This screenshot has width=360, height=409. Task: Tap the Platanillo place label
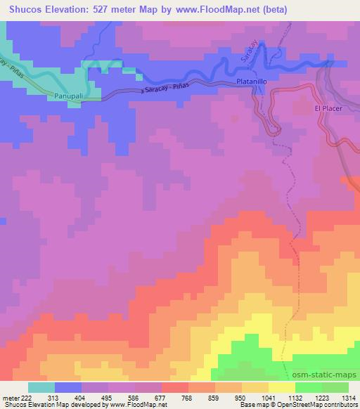click(254, 82)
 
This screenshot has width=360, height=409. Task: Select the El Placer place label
click(327, 108)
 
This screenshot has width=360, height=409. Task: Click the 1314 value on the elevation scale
click(347, 398)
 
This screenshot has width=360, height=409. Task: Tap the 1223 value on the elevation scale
click(321, 398)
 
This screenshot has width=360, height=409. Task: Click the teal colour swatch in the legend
click(41, 387)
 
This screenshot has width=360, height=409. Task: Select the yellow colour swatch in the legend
click(282, 387)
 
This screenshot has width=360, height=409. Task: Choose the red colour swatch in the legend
click(175, 387)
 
